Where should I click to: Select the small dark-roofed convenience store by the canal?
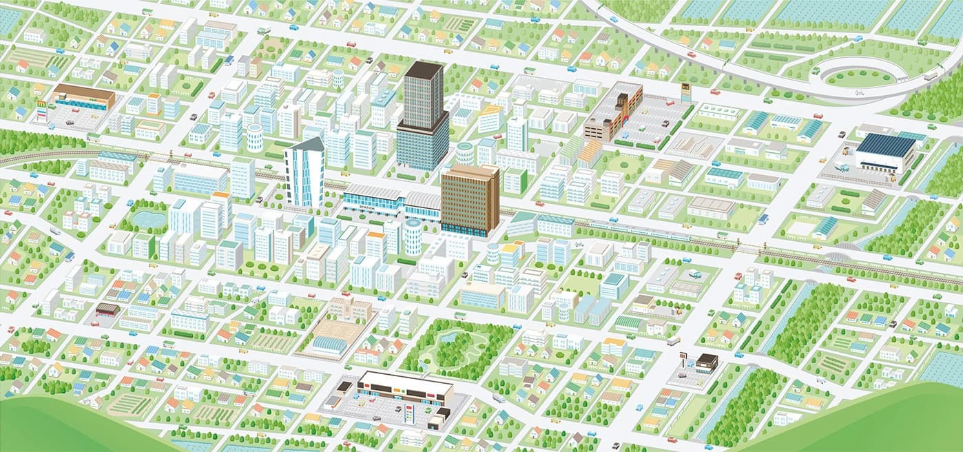click(x=707, y=362)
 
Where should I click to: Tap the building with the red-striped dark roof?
click(x=107, y=309)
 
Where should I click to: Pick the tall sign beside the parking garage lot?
click(x=685, y=90)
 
